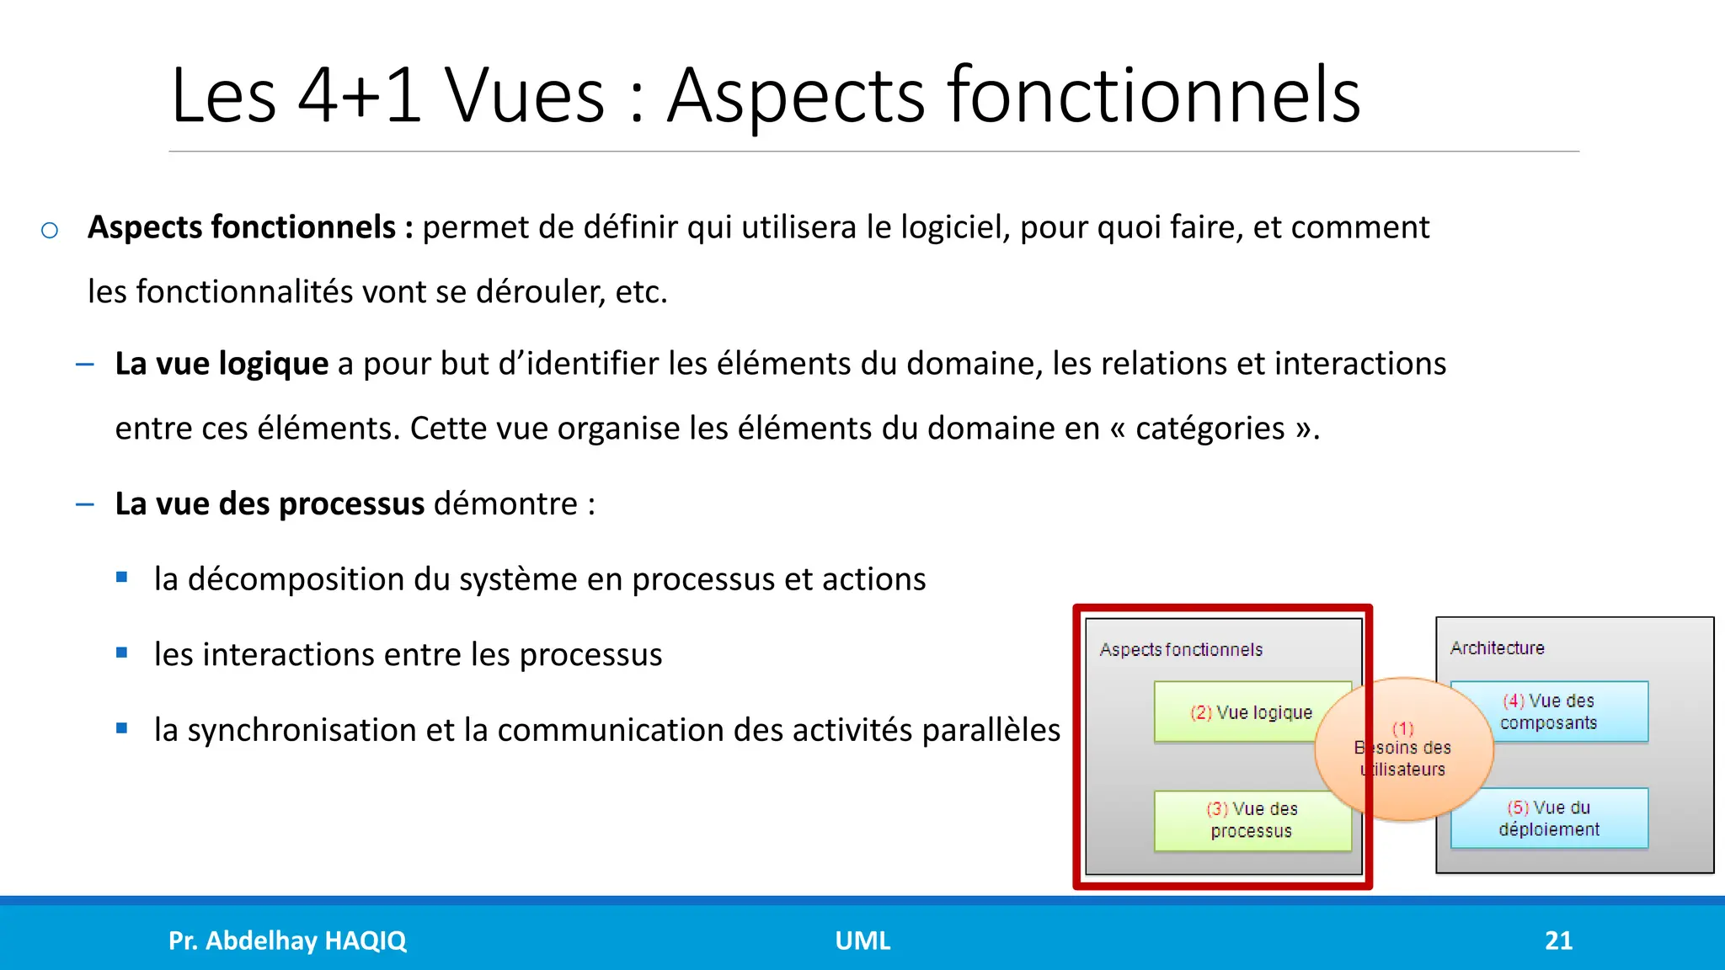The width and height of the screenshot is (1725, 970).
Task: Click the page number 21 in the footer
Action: click(x=1558, y=941)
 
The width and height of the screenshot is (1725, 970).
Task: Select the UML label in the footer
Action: click(x=862, y=941)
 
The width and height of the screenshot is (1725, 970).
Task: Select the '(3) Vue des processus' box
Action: click(x=1252, y=820)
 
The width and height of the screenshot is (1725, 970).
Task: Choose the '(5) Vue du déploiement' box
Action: click(x=1549, y=818)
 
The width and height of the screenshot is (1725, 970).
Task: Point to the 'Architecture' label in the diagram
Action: click(x=1497, y=648)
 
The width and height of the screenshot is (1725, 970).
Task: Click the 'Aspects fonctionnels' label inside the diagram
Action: click(x=1181, y=650)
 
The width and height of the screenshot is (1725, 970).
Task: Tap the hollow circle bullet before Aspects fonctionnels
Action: click(x=50, y=230)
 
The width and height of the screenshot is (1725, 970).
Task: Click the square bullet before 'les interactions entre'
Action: click(x=122, y=653)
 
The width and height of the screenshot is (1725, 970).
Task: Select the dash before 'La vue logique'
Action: click(x=84, y=365)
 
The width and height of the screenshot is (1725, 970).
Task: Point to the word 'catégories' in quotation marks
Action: click(x=1210, y=429)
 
